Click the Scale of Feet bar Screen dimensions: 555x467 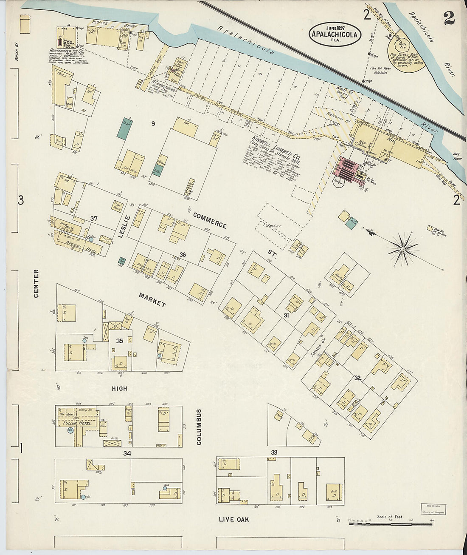(x=390, y=524)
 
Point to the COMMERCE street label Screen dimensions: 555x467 (x=209, y=219)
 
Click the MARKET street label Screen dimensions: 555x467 (x=152, y=299)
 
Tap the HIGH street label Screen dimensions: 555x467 (x=119, y=388)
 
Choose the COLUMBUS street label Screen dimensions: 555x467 (x=199, y=427)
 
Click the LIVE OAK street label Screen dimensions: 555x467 (x=234, y=519)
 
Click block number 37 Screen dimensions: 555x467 (x=94, y=218)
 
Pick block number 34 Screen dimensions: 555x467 (x=127, y=453)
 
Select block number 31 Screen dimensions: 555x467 (x=286, y=315)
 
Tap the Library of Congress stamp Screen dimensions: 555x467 (x=433, y=509)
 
